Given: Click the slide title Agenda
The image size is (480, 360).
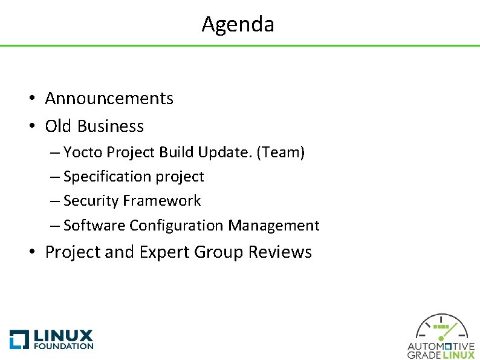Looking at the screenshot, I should pos(238,24).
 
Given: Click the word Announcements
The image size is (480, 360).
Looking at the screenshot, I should pos(109,98).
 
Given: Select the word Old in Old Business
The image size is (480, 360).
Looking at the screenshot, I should pos(58,126).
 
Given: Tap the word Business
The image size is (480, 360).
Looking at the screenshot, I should pos(111,126).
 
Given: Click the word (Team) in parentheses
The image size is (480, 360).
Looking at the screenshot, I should pos(281,152).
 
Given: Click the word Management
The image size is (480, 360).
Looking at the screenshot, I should pos(274,226).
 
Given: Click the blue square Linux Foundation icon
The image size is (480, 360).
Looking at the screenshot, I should pos(19,339).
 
